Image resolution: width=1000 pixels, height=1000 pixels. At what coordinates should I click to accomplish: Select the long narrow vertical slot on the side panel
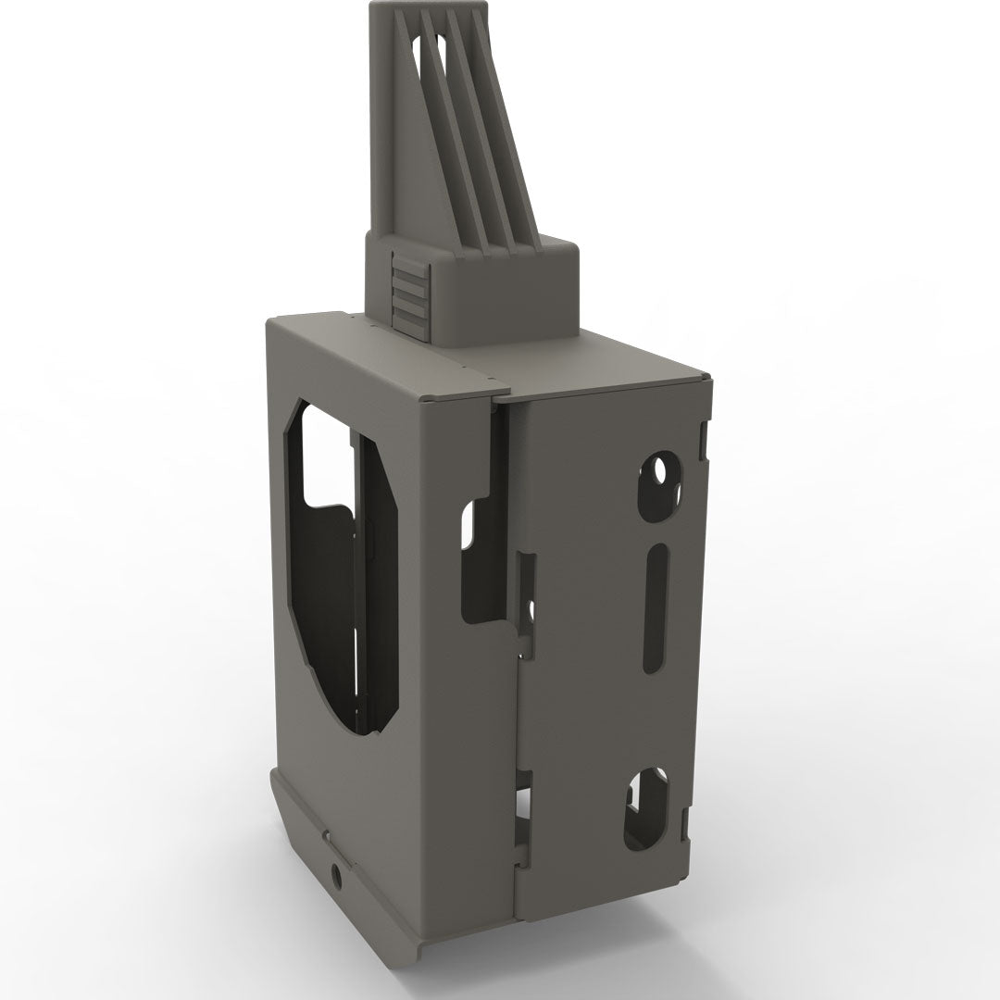coord(655,606)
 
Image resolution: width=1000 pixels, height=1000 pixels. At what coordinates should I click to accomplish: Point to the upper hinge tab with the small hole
coord(528,602)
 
